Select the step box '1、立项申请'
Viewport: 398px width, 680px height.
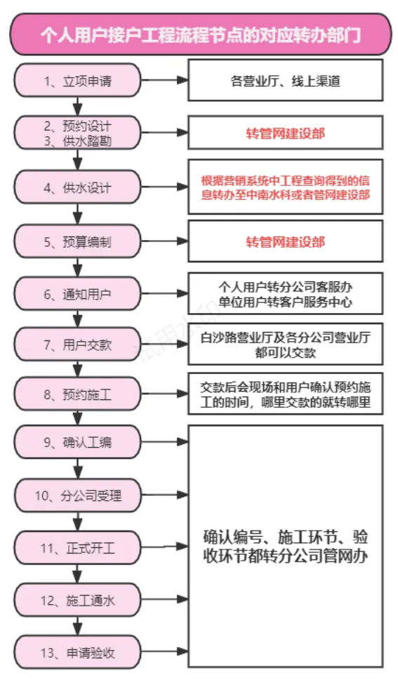[78, 80]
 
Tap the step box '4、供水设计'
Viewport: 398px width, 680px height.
[78, 187]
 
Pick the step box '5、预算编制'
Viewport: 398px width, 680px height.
[78, 241]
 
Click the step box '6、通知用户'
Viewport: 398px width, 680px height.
[78, 293]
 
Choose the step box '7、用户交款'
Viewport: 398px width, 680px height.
[78, 344]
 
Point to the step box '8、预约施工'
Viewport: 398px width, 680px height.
[78, 394]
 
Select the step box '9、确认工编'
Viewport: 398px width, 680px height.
[78, 441]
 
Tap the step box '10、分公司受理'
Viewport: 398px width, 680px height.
[78, 495]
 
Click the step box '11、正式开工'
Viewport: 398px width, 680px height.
[78, 548]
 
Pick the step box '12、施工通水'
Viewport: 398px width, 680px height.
[78, 600]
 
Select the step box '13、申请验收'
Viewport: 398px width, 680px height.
[78, 652]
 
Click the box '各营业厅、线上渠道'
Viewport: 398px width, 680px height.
[285, 80]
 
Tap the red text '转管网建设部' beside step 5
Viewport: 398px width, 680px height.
[285, 241]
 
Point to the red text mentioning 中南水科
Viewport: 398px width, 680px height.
[285, 187]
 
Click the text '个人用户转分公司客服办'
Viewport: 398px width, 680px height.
[285, 287]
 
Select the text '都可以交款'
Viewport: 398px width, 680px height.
[285, 352]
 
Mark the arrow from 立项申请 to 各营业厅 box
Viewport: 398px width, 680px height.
[165, 80]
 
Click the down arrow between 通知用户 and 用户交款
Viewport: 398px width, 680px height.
[78, 319]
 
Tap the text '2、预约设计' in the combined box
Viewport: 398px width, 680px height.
[78, 126]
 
